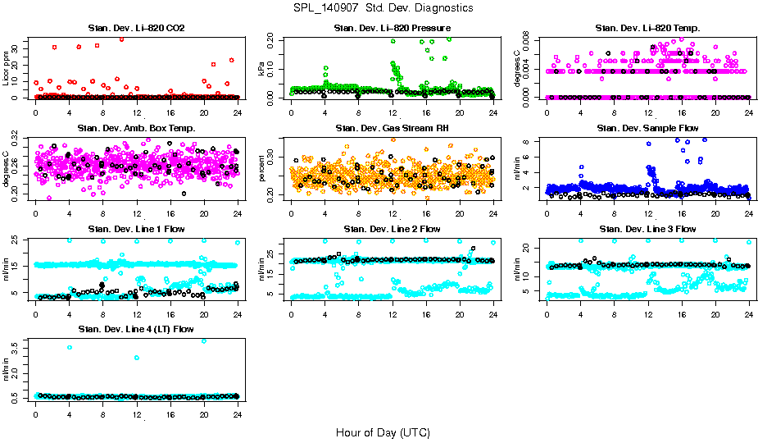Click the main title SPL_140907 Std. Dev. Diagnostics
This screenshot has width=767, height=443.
tap(383, 8)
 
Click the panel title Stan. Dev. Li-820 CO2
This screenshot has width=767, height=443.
tap(136, 29)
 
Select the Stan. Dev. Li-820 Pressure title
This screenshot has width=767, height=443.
tap(392, 29)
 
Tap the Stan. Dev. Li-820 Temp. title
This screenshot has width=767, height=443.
tap(647, 29)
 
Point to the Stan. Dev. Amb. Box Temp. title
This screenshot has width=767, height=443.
tap(136, 129)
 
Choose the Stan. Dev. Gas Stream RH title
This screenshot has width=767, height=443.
tap(392, 129)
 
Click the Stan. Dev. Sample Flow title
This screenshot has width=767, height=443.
tap(647, 129)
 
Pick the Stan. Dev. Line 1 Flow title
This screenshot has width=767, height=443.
tap(136, 229)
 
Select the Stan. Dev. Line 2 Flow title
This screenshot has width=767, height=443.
tap(392, 229)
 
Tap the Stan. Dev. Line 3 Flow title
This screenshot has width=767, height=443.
tap(647, 229)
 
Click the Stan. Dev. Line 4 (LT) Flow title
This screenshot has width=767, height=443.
tap(136, 329)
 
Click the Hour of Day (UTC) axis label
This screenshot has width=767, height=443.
tap(383, 432)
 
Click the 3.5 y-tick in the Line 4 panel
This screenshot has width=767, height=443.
tap(17, 346)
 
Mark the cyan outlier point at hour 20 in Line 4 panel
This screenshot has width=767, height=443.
tap(204, 340)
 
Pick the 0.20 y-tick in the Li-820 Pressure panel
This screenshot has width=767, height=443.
tap(273, 39)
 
